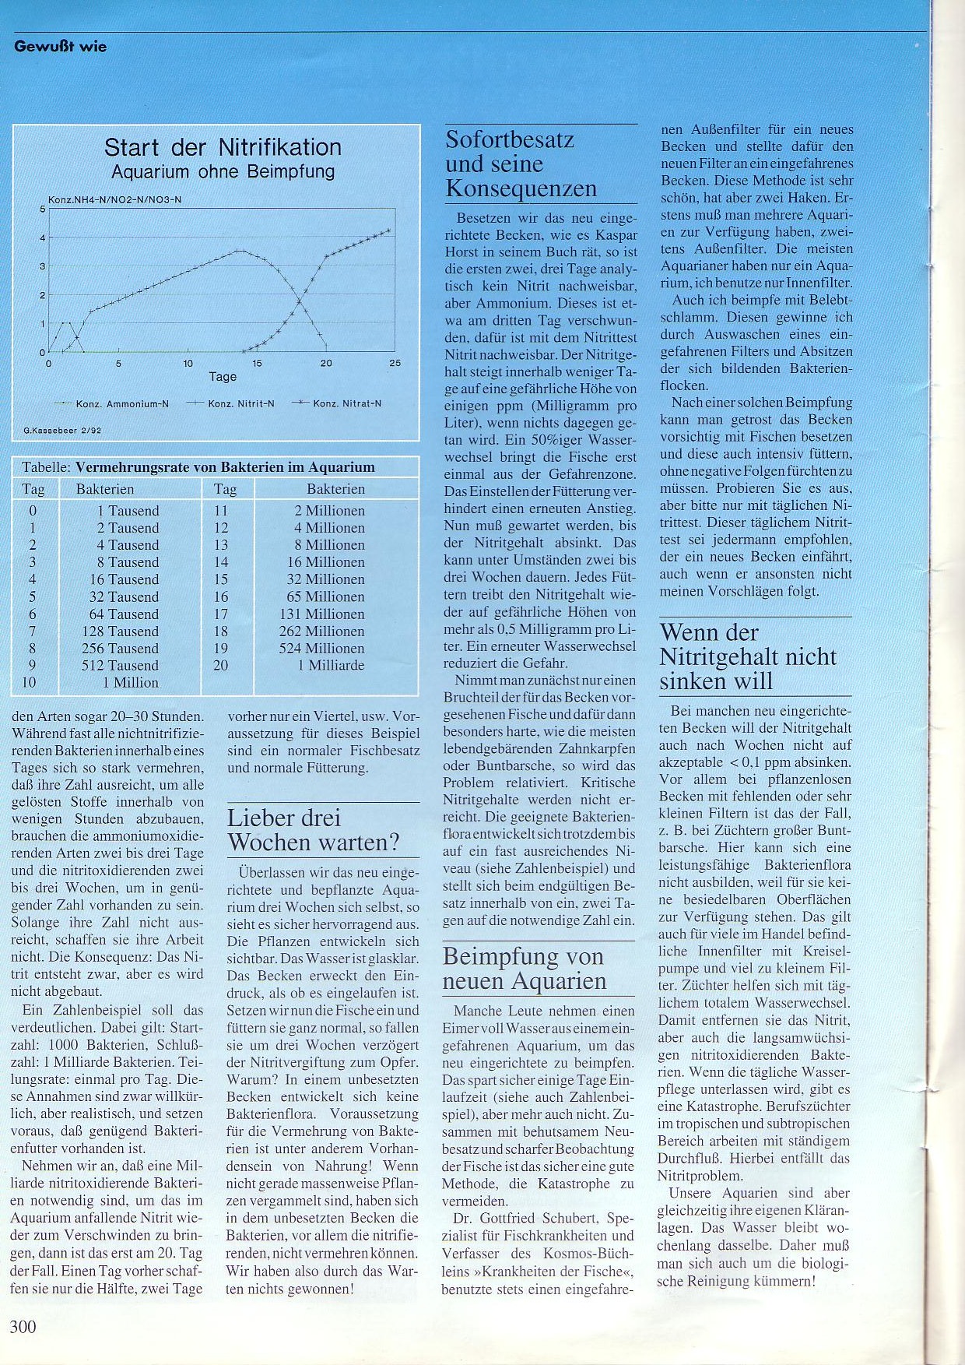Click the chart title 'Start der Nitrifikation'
pyautogui.click(x=223, y=147)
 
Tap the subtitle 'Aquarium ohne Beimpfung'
pyautogui.click(x=223, y=171)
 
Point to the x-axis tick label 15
pyautogui.click(x=257, y=363)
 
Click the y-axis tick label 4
pyautogui.click(x=43, y=237)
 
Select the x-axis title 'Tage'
pyautogui.click(x=223, y=377)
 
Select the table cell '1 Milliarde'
pyautogui.click(x=331, y=666)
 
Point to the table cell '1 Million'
pyautogui.click(x=130, y=683)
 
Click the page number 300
pyautogui.click(x=23, y=1326)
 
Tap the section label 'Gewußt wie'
pyautogui.click(x=60, y=47)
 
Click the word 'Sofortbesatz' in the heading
pyautogui.click(x=510, y=140)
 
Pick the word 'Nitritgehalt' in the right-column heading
pyautogui.click(x=748, y=657)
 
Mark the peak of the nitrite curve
pyautogui.click(x=240, y=251)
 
